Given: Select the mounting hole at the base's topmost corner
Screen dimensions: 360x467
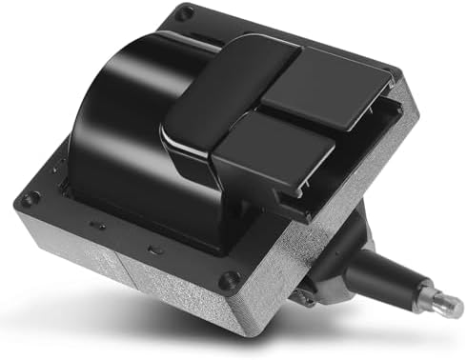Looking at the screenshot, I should coord(185,13).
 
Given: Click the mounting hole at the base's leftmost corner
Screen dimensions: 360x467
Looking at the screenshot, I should coord(31,199).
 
